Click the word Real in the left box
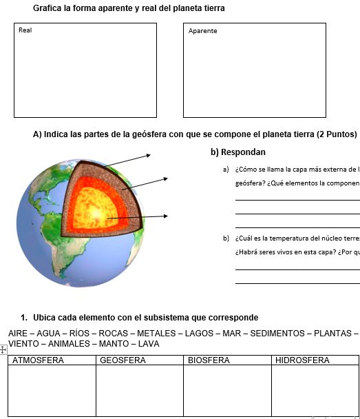click(25, 30)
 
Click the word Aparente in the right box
click(202, 31)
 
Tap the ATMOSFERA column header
click(39, 360)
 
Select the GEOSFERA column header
click(123, 360)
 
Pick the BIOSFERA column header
click(209, 360)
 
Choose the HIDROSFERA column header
click(301, 360)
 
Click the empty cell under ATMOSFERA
click(52, 390)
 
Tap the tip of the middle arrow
click(167, 178)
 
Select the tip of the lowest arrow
click(167, 216)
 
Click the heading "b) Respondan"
click(237, 152)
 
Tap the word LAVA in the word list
click(148, 343)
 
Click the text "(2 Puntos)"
click(336, 134)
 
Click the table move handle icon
click(3, 350)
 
